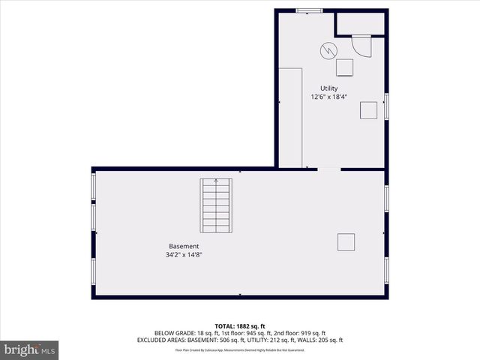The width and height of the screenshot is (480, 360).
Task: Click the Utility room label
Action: click(328, 88)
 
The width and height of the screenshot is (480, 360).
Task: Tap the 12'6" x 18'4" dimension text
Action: click(328, 97)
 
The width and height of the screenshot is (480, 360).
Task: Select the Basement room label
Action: click(184, 246)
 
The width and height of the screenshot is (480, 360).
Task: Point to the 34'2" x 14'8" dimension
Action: click(184, 255)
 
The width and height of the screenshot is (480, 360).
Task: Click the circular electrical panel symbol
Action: click(328, 50)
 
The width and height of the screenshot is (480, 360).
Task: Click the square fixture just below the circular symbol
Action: click(345, 67)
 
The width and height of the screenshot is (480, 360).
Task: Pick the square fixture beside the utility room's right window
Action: click(369, 110)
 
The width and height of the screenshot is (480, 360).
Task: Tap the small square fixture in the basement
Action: click(346, 243)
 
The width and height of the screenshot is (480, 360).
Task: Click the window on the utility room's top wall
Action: click(308, 10)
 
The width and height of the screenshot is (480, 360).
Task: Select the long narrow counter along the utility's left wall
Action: click(290, 117)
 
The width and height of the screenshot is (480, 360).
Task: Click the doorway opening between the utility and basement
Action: click(328, 169)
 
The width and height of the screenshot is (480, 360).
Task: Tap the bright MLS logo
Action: click(29, 349)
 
